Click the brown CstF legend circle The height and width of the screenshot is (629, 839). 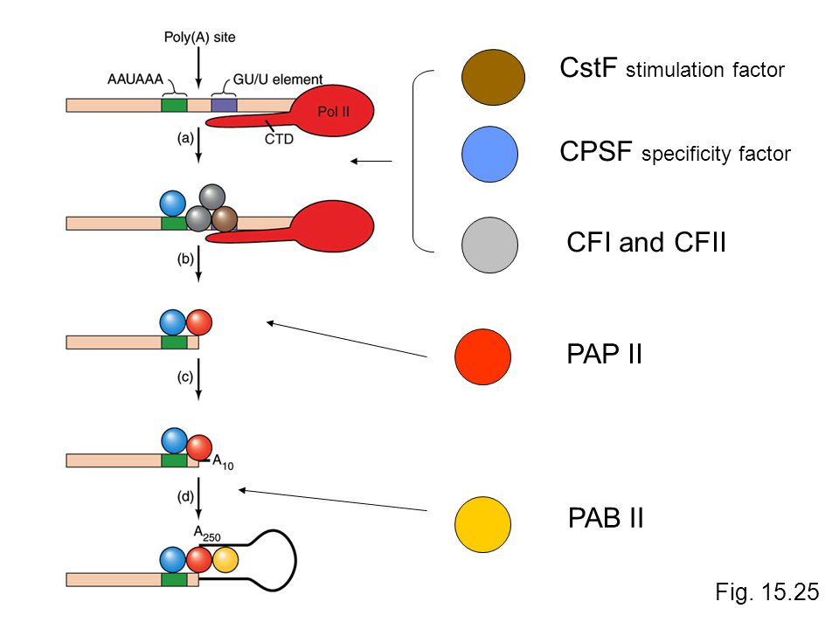(493, 77)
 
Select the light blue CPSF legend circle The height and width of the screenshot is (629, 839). (489, 154)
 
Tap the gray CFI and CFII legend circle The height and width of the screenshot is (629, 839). (489, 245)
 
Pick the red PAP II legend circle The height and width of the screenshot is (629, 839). (482, 356)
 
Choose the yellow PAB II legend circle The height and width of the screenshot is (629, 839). (482, 524)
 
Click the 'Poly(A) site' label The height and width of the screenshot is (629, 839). (199, 38)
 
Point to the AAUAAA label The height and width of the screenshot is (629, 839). (135, 79)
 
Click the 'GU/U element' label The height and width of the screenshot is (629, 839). (278, 79)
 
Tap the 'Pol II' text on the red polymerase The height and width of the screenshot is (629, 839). (333, 112)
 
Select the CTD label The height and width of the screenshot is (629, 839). (280, 139)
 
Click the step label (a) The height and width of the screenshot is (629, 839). (185, 138)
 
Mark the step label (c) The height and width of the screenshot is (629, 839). (185, 377)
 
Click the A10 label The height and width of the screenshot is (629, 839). (223, 462)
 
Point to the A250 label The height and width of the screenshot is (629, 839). (207, 533)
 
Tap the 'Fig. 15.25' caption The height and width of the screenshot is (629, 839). (767, 592)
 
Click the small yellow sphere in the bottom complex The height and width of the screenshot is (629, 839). (225, 560)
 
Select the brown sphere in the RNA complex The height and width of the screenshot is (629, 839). (225, 218)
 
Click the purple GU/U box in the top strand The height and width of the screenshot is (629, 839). (224, 105)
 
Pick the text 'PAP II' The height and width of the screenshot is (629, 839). (604, 354)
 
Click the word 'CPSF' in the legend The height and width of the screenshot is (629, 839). (596, 152)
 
